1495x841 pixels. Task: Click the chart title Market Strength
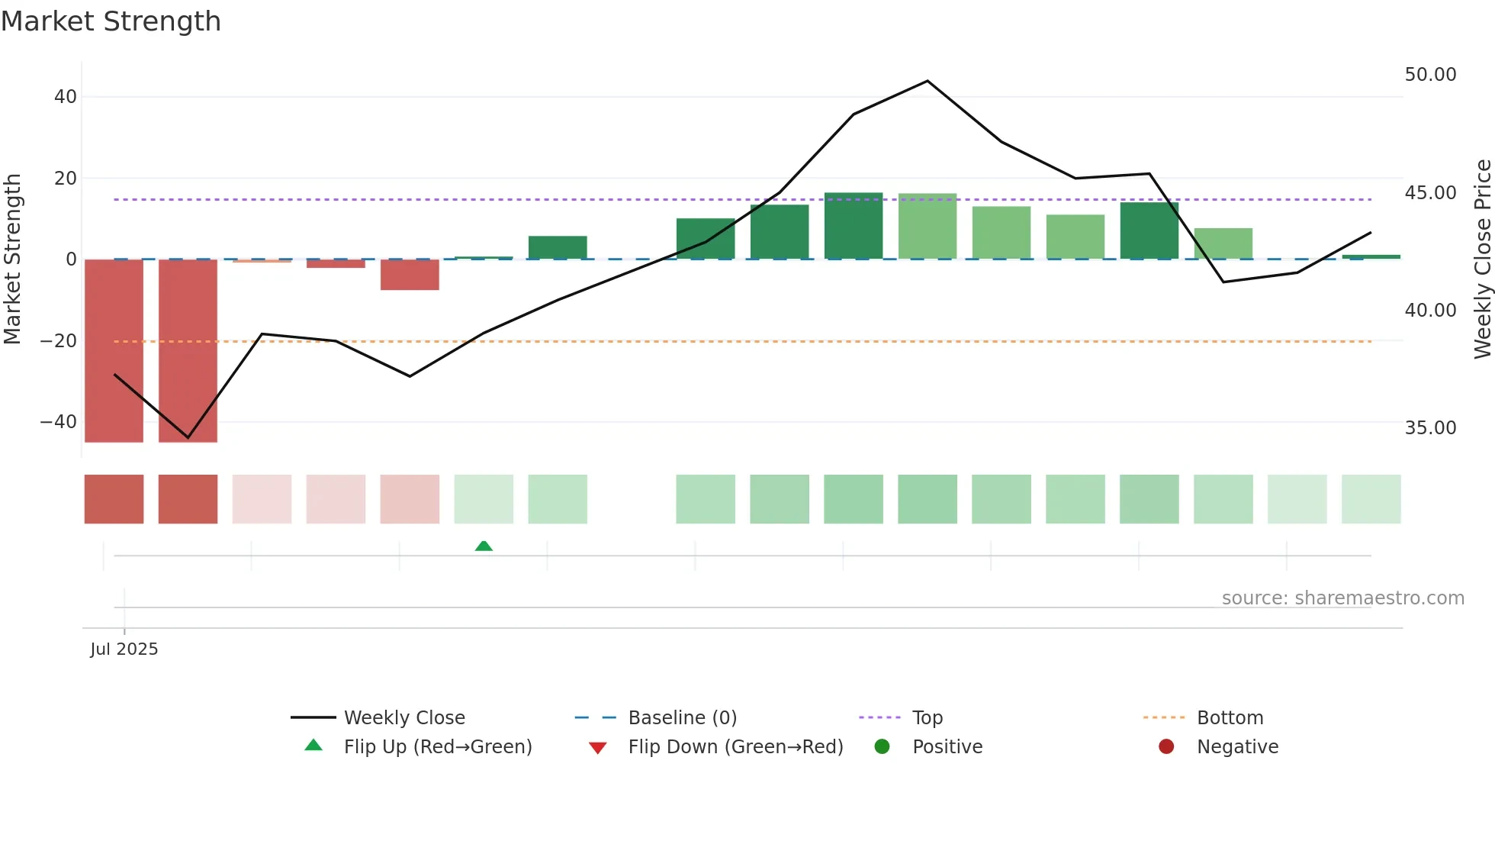tap(111, 21)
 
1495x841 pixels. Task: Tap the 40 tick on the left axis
tap(66, 97)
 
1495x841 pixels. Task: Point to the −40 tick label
tap(59, 422)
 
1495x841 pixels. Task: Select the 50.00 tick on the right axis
tap(1430, 75)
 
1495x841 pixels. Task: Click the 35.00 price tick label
tap(1430, 428)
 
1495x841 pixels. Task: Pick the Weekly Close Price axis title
tap(1482, 259)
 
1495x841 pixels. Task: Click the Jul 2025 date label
tap(124, 649)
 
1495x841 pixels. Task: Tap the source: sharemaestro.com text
tap(1342, 598)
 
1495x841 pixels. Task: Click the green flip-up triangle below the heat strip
tap(484, 546)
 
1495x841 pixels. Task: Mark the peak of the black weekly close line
tap(928, 81)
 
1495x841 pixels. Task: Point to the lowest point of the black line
tap(188, 438)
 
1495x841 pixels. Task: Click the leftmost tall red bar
tap(114, 351)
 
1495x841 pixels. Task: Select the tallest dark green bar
tap(854, 226)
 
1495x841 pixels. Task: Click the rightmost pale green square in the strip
tap(1371, 499)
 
